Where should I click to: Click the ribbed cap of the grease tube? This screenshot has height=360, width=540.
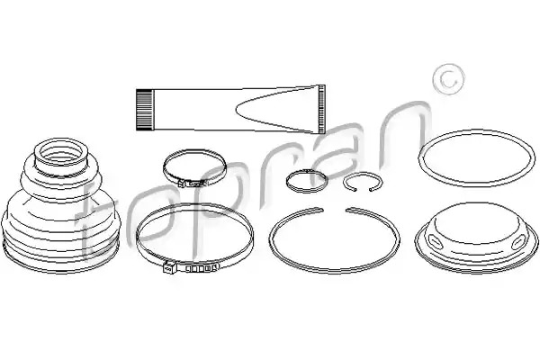[x=144, y=110]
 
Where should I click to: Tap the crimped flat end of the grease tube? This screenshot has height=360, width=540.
[x=321, y=109]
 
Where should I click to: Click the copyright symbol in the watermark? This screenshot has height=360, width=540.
[x=448, y=79]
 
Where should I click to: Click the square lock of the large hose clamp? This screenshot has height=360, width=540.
[x=168, y=267]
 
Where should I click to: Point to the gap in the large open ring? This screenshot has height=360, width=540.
[x=334, y=209]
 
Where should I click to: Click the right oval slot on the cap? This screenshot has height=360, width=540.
[x=518, y=242]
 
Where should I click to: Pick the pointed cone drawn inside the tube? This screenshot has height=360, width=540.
[x=275, y=109]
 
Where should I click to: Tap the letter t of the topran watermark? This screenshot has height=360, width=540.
[x=90, y=220]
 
